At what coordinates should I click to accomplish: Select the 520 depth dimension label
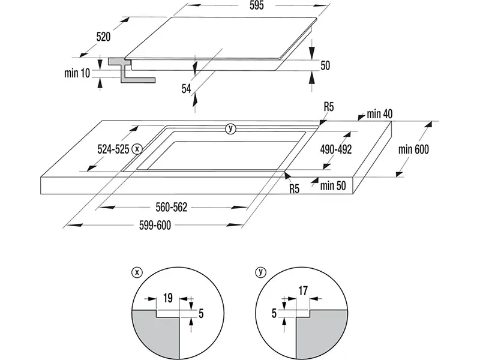coord(103,37)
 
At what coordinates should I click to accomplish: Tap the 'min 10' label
coord(76,73)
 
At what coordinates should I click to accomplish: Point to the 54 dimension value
coord(187,88)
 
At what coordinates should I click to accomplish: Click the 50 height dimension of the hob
coord(325,66)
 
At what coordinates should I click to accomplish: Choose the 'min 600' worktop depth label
coord(412,149)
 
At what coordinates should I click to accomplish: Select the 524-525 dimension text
coord(113,148)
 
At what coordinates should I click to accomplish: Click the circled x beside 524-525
coord(138,148)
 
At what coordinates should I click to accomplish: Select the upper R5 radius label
coord(328,107)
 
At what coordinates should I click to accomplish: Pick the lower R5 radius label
coord(294,190)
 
